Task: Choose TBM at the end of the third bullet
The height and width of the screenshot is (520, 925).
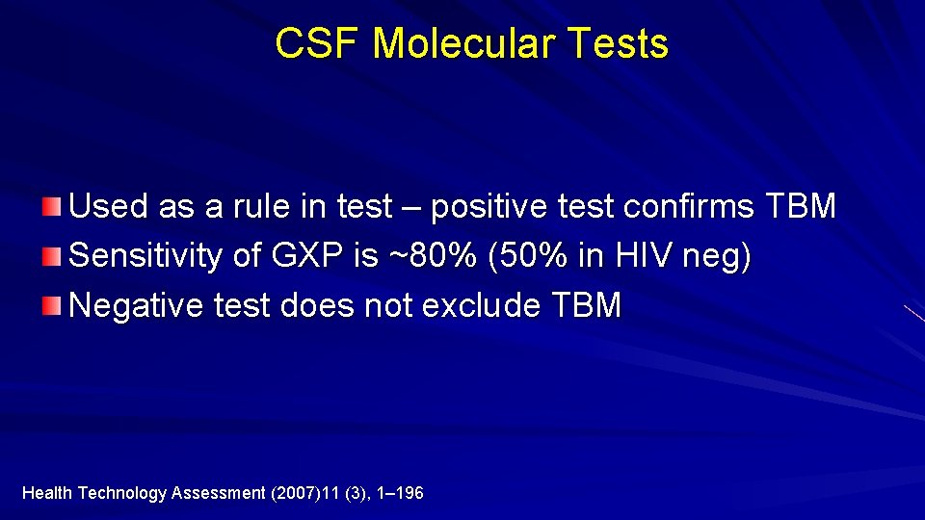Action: coord(587,306)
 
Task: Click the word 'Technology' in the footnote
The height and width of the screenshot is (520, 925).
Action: coord(121,493)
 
